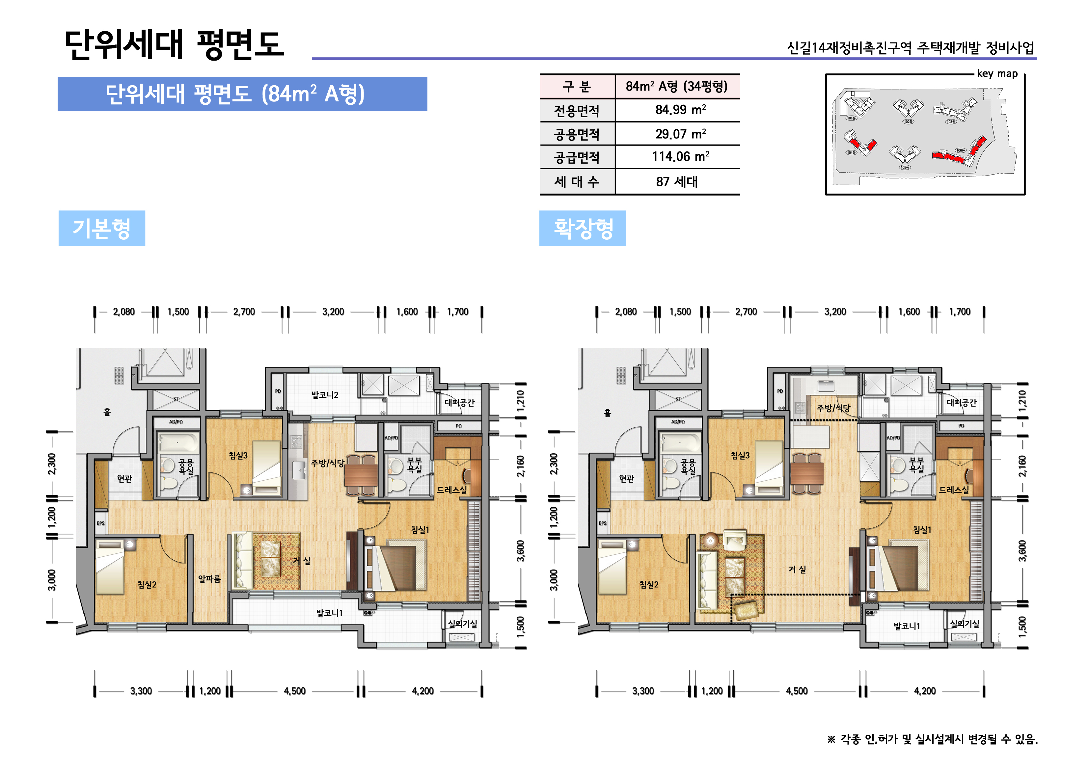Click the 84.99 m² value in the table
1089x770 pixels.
680,110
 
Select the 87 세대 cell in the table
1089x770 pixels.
677,182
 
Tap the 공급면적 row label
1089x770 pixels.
577,157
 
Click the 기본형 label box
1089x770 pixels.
101,228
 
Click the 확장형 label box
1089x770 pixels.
583,228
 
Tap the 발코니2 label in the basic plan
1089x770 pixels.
324,395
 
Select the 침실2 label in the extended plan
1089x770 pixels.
648,585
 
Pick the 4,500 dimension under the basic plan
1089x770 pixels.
294,691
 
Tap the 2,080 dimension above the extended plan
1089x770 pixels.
626,311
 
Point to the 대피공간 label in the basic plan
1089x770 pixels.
459,403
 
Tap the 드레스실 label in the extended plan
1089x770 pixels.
953,490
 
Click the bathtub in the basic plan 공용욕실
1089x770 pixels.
178,443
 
